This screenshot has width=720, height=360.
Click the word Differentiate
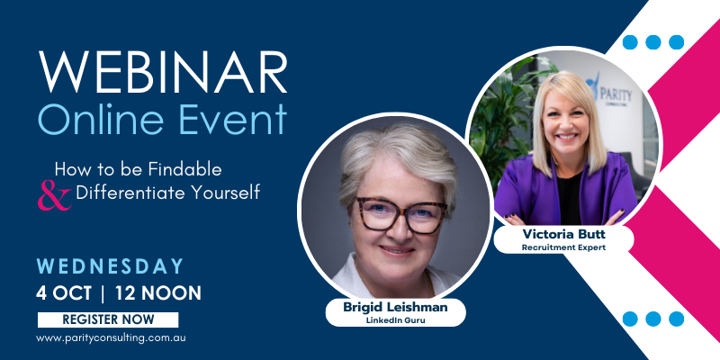tap(126, 192)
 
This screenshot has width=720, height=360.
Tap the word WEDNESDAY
tap(110, 266)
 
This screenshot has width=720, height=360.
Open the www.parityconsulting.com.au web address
tap(111, 338)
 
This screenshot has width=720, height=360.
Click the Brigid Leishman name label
tap(395, 308)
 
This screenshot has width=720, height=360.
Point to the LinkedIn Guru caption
tap(395, 320)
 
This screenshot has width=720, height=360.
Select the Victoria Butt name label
tap(563, 234)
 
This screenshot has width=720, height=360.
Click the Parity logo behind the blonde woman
tap(609, 90)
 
